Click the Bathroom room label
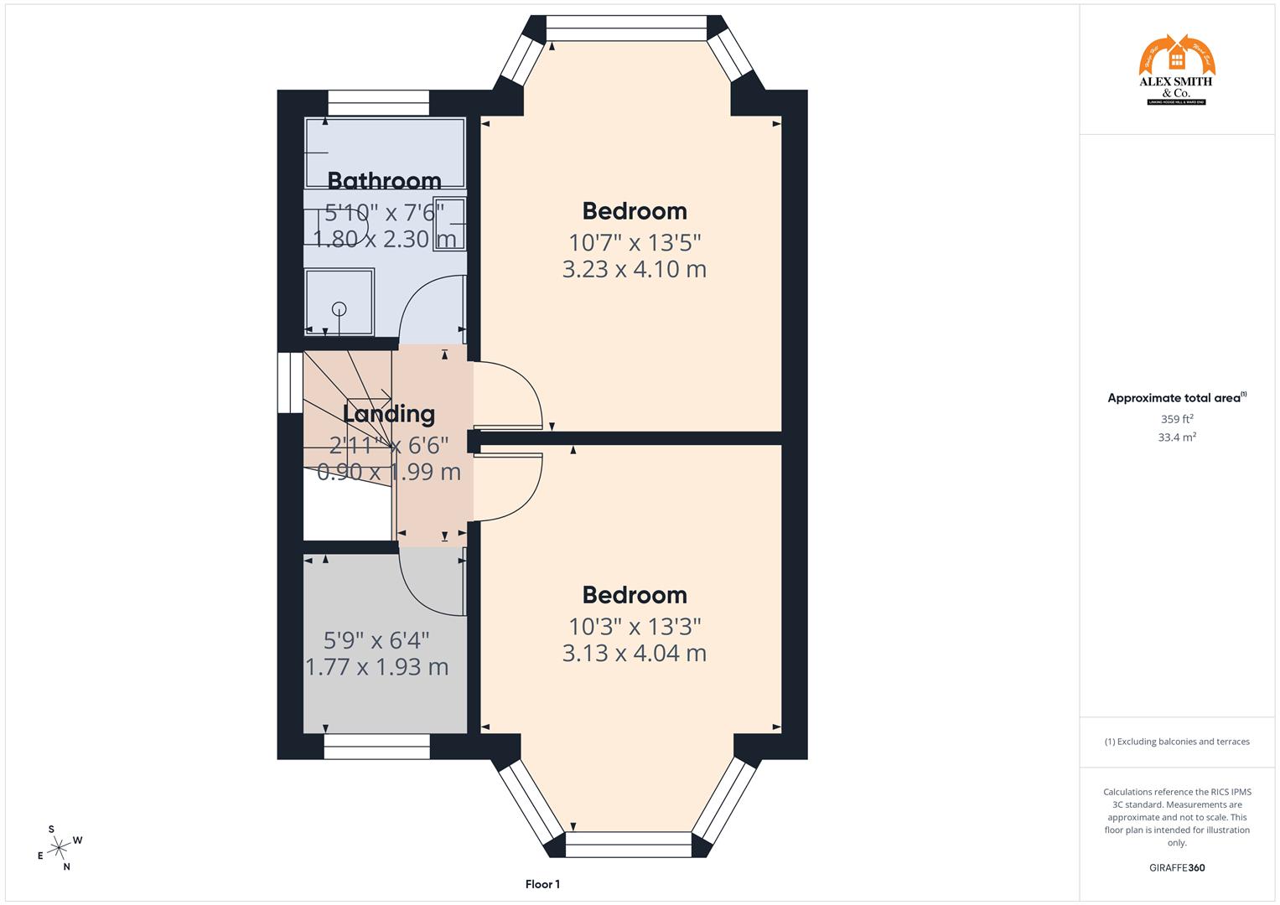click(384, 181)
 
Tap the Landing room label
click(389, 414)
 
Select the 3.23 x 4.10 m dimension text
click(635, 270)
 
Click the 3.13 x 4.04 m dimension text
click(635, 654)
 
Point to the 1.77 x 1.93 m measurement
click(376, 668)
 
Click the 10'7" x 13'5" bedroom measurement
click(635, 243)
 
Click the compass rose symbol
click(58, 848)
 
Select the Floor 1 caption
click(542, 884)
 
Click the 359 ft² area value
click(1177, 419)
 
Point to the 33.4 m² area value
click(1177, 437)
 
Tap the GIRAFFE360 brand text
click(1176, 868)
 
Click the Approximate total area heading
click(1176, 398)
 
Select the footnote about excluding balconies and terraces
click(1177, 742)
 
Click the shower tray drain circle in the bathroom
click(339, 308)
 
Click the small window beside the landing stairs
click(290, 382)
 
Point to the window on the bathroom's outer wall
click(378, 102)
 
